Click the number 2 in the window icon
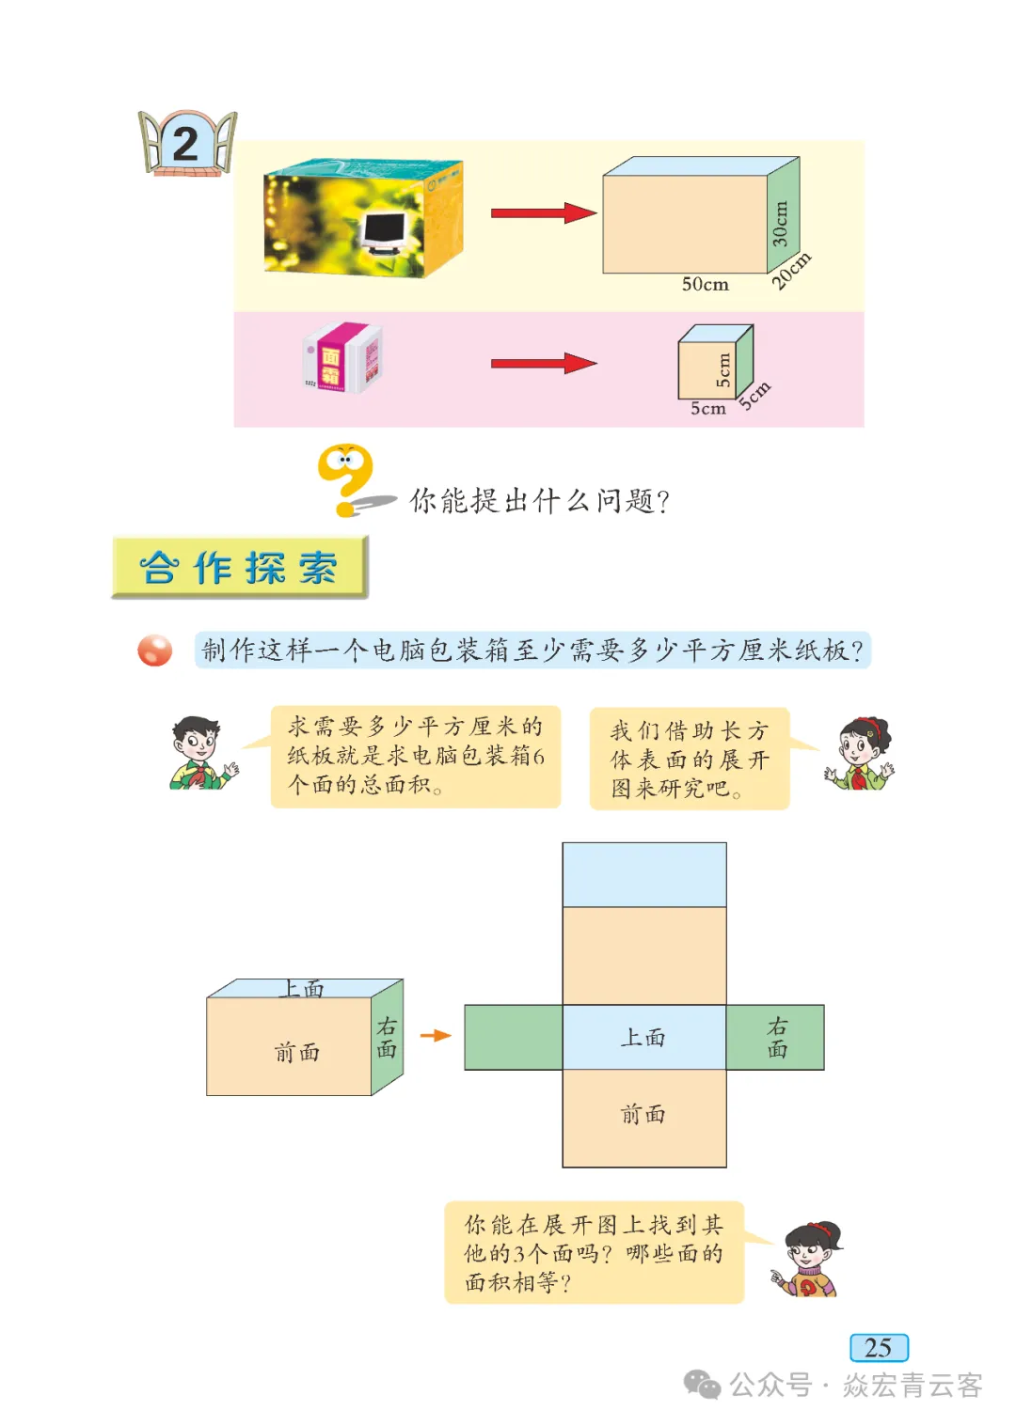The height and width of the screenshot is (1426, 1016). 185,145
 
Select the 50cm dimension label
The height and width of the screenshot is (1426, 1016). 706,284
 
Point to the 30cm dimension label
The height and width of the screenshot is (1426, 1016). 780,224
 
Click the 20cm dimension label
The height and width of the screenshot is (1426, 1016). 791,271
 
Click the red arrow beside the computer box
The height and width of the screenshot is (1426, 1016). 544,212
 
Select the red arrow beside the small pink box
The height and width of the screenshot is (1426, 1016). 544,364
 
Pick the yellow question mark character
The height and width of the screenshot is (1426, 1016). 345,479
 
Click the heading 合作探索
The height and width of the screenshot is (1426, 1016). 240,567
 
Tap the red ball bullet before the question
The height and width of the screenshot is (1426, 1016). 155,650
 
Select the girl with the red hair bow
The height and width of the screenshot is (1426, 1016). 859,754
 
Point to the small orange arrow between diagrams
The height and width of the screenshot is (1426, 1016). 436,1036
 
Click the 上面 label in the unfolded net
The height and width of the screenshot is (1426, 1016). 643,1037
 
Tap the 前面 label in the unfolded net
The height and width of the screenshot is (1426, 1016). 643,1114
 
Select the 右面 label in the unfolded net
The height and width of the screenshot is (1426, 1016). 777,1037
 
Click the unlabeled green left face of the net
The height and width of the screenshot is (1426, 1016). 514,1037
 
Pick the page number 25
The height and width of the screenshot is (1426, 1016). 879,1347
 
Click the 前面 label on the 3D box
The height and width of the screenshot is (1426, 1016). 297,1052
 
